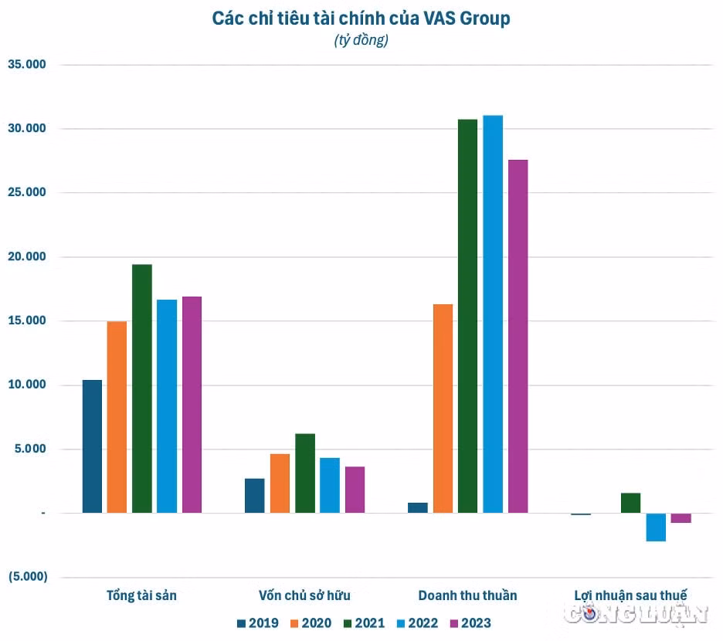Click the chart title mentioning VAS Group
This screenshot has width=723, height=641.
coord(361,19)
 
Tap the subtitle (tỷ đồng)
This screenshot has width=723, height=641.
coord(361,40)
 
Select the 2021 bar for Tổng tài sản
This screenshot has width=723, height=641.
coord(142,388)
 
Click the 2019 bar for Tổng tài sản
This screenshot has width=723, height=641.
coord(92,446)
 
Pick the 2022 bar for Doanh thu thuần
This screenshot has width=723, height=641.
coord(493,314)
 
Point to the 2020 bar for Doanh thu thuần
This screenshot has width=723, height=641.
coord(443,409)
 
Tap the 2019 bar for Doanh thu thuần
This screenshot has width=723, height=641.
coord(418,507)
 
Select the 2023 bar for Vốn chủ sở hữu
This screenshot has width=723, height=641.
coord(355,490)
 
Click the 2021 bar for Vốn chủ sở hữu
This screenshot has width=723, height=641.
coord(305,473)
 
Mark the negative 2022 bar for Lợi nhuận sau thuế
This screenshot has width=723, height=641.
coord(656,527)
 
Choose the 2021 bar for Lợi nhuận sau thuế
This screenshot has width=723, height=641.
coord(631,503)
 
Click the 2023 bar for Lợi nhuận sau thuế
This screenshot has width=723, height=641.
coord(681,518)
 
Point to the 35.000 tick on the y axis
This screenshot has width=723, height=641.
coord(27,64)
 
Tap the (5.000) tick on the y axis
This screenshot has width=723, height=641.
coord(28,576)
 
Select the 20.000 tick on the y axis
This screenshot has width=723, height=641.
coord(27,256)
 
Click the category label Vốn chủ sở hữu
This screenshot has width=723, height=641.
coord(304,595)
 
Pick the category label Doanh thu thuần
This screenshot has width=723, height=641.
coord(467,595)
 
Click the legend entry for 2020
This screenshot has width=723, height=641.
coord(311,623)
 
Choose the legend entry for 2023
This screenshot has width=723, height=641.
coord(470,623)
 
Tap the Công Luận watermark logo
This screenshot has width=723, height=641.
coord(636,614)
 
